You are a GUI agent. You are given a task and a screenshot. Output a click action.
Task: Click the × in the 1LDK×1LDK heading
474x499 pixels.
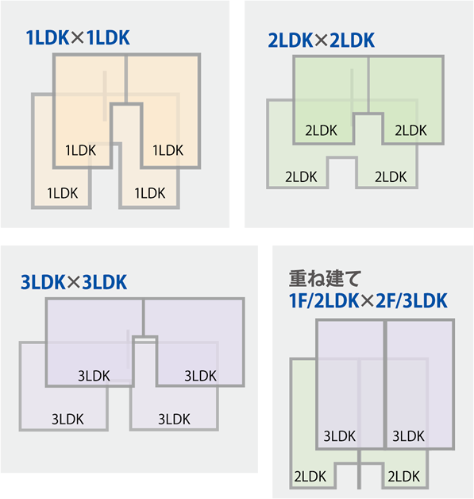point(78,38)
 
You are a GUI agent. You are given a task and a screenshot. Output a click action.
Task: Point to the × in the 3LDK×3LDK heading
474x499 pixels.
point(74,282)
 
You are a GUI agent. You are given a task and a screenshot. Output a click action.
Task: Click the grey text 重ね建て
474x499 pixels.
point(325,278)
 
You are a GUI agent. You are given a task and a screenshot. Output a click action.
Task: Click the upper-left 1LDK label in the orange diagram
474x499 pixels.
point(80,150)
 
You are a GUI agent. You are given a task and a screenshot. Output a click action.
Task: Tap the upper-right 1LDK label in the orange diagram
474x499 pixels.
point(168,150)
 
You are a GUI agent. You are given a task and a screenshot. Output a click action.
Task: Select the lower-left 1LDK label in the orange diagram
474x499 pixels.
point(62,193)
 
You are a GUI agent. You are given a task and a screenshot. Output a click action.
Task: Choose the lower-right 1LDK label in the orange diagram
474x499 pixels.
point(150,193)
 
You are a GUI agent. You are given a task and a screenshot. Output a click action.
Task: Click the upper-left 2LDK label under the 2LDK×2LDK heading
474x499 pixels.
point(321,130)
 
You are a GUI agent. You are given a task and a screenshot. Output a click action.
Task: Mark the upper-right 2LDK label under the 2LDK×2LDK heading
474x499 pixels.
point(410,130)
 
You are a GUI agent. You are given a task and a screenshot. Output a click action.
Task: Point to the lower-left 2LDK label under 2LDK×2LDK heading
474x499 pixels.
point(301,177)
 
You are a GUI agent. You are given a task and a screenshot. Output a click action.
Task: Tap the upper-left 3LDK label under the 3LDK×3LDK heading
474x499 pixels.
point(94,376)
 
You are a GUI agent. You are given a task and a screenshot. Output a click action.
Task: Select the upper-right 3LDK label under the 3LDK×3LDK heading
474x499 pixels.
point(200,376)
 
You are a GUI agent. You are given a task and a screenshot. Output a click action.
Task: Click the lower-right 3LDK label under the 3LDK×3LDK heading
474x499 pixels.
point(174,420)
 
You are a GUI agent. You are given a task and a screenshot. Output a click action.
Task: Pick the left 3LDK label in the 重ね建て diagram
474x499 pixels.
point(340,436)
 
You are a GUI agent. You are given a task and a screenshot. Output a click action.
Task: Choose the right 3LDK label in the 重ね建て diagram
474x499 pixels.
point(409,436)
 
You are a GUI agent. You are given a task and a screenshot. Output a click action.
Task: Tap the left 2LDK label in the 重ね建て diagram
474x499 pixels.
point(310,477)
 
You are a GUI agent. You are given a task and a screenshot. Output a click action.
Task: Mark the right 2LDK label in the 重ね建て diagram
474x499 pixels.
point(404,477)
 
